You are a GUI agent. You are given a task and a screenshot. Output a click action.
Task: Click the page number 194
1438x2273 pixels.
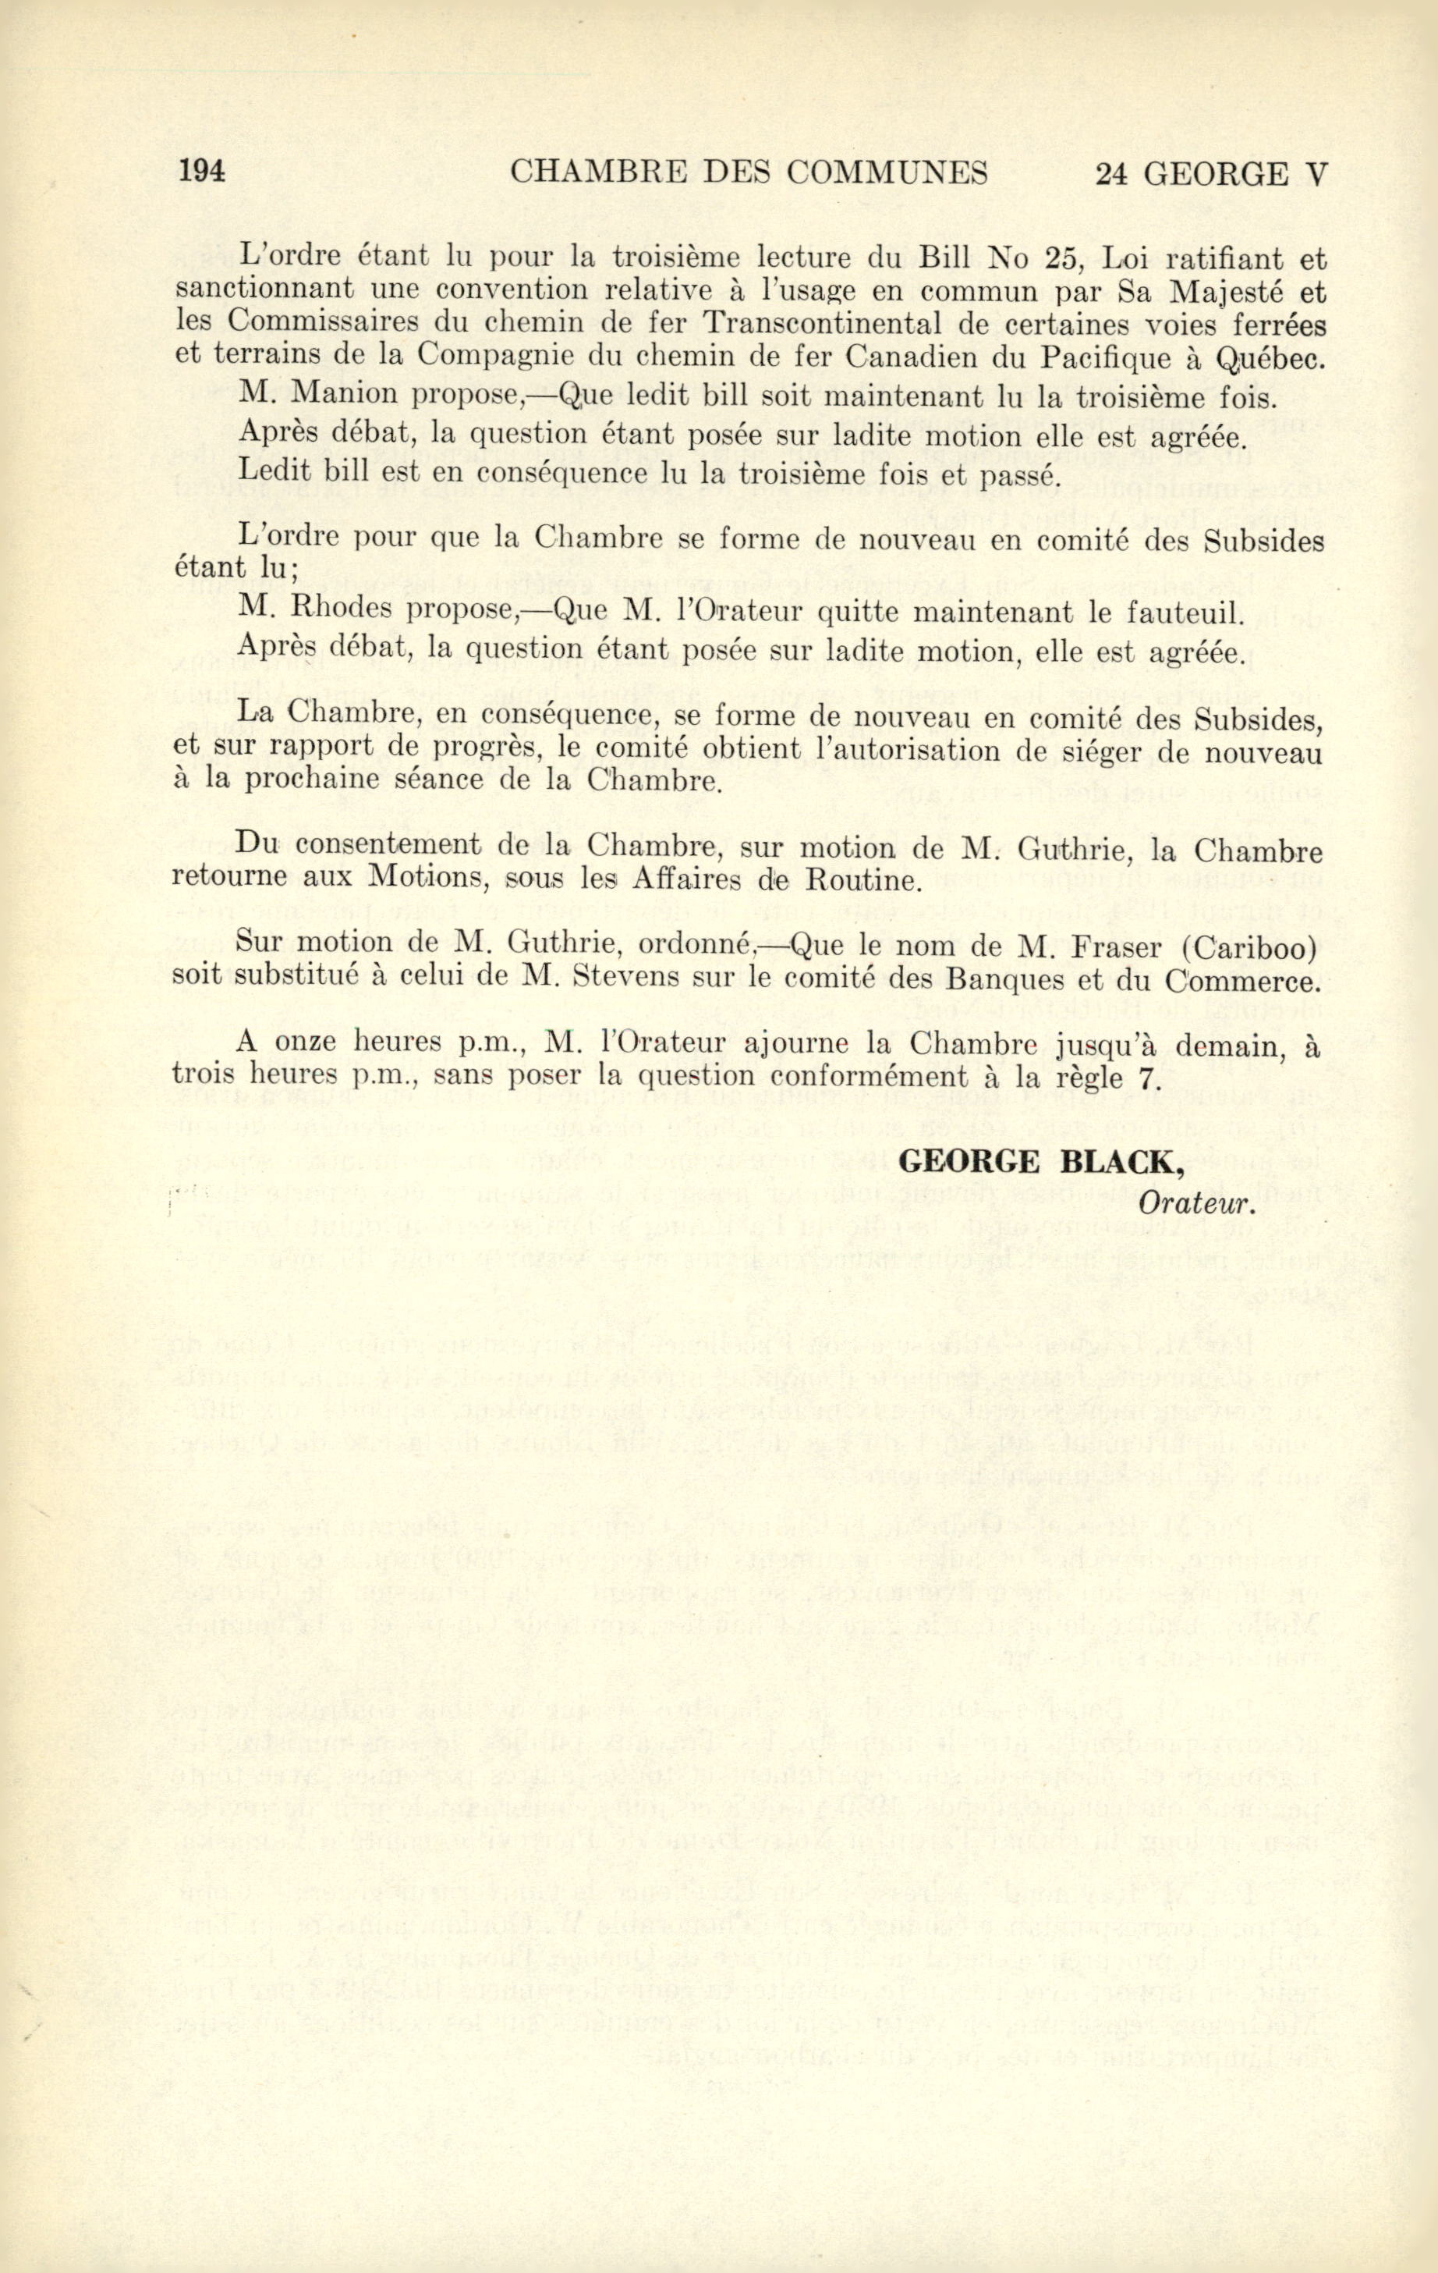click(201, 172)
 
